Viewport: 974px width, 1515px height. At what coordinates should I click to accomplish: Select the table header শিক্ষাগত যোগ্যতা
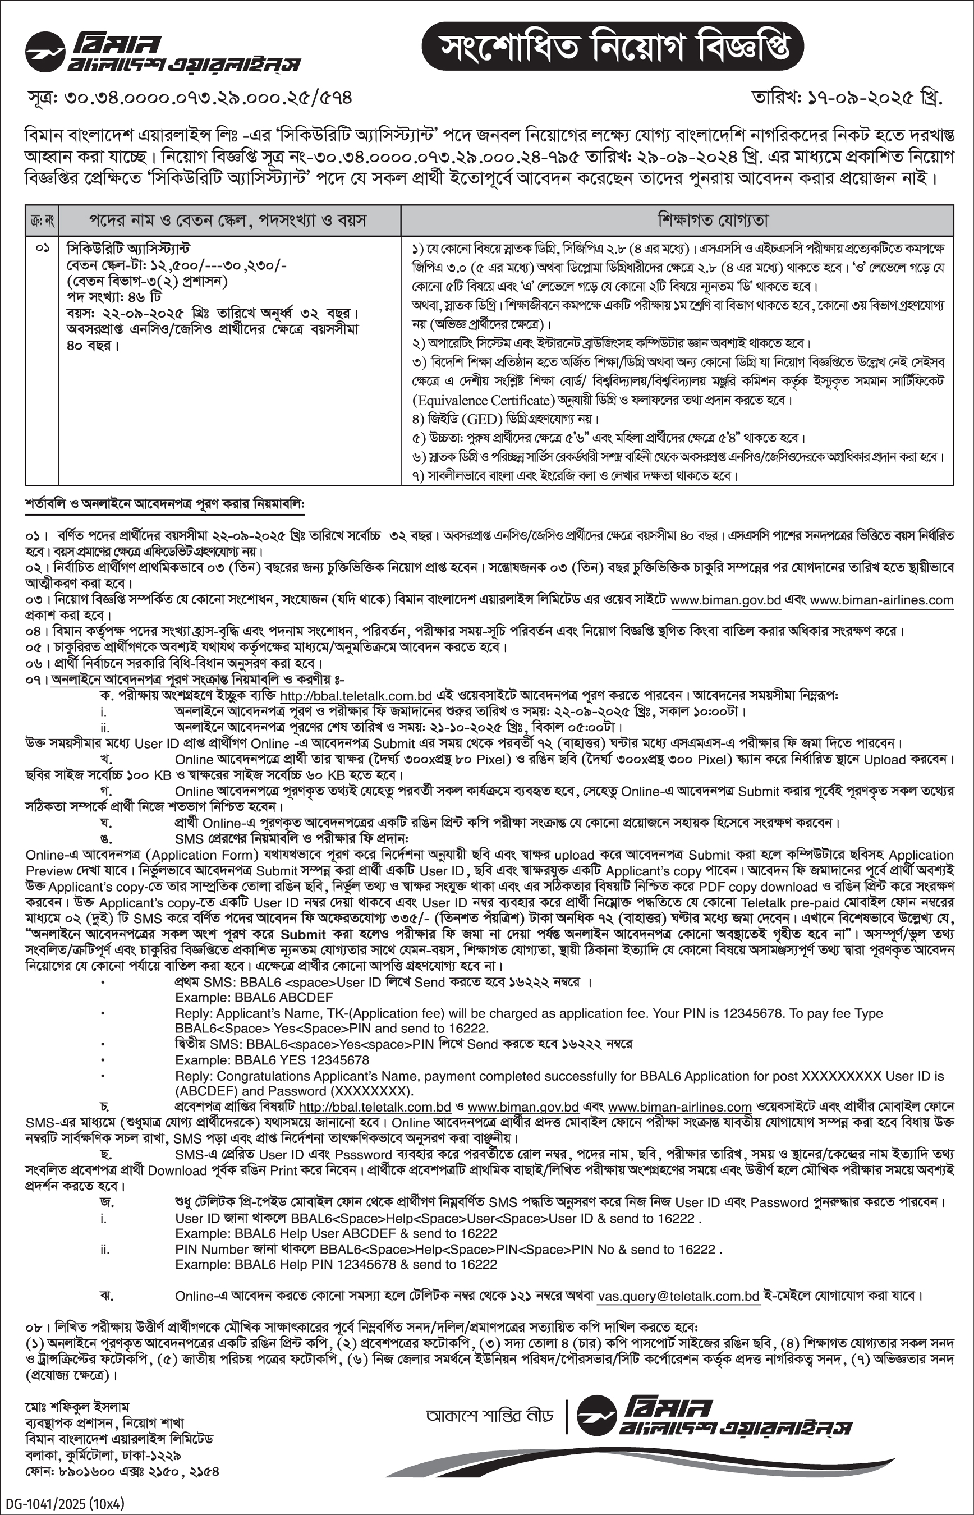[677, 220]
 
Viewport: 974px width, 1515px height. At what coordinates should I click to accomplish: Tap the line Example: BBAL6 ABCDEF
[254, 998]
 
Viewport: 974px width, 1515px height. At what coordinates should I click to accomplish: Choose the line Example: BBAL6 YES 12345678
[272, 1060]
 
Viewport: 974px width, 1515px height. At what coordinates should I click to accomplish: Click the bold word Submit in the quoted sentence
[303, 934]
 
